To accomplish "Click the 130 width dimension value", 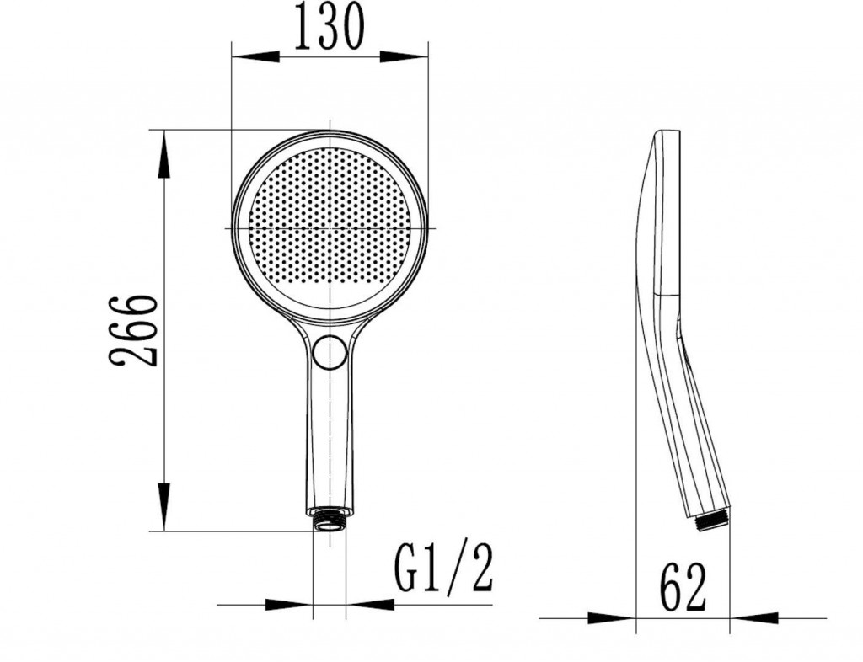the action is pyautogui.click(x=330, y=26).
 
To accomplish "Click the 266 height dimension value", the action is pyautogui.click(x=133, y=331).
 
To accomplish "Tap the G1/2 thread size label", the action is pyautogui.click(x=443, y=569).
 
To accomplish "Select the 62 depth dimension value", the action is pyautogui.click(x=683, y=587).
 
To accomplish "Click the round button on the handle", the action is pyautogui.click(x=330, y=352).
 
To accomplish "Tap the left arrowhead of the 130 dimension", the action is pyautogui.click(x=255, y=56).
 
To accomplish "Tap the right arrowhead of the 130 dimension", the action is pyautogui.click(x=404, y=56).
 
